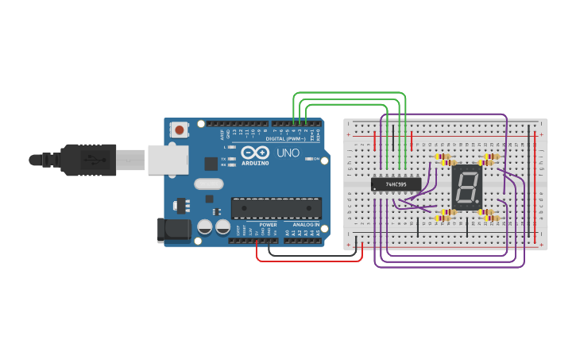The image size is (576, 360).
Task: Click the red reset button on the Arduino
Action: pos(180,130)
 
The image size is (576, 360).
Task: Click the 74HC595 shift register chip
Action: pos(396,184)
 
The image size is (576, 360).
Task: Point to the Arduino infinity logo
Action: pos(256,152)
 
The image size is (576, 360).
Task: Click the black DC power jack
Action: pos(174,230)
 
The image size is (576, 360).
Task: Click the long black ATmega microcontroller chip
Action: pos(276,207)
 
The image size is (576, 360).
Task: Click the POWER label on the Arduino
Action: pos(268,225)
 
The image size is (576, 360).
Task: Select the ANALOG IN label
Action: pos(305,225)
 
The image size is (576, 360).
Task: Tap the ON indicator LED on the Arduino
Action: pos(309,159)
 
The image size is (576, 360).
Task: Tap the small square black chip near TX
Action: pos(211,164)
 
